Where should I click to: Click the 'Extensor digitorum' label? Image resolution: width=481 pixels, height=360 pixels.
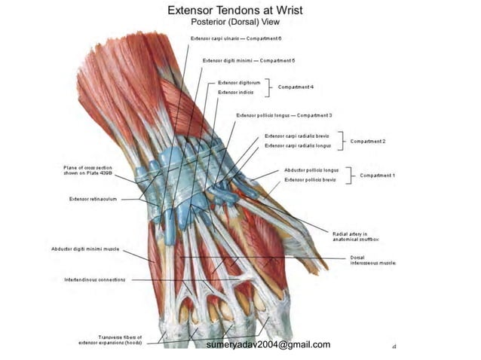tap(239, 82)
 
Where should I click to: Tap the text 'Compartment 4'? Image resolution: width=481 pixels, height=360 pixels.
tap(296, 87)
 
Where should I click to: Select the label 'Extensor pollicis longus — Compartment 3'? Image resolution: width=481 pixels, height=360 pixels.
tap(284, 115)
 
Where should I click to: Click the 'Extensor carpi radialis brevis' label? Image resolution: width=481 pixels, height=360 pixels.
tap(297, 136)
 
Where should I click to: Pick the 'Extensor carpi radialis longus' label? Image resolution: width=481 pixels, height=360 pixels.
tap(298, 145)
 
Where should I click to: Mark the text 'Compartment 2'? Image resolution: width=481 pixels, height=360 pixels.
tap(367, 141)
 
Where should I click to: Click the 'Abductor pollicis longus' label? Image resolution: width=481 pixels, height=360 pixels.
tap(311, 170)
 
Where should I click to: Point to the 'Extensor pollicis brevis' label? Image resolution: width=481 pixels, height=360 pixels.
tap(310, 180)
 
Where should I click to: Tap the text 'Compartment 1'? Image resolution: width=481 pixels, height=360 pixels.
tap(377, 175)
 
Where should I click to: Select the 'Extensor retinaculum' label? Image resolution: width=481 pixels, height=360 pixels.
tap(92, 199)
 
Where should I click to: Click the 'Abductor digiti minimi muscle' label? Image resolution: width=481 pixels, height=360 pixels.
tap(85, 249)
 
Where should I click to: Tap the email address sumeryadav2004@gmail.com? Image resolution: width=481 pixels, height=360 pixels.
tap(268, 344)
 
